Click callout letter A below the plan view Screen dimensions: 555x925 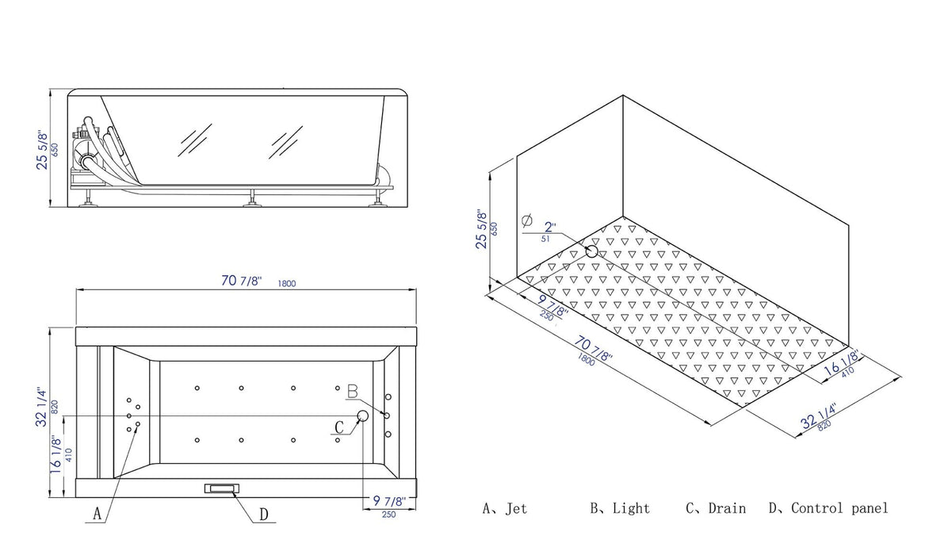click(x=97, y=514)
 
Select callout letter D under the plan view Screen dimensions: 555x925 click(x=264, y=515)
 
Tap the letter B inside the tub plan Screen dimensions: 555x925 click(x=353, y=391)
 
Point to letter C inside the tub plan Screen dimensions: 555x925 click(x=339, y=427)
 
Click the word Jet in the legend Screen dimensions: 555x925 click(x=516, y=508)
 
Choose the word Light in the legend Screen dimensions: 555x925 click(x=631, y=508)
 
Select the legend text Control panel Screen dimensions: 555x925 click(x=839, y=508)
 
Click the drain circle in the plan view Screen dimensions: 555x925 click(x=364, y=415)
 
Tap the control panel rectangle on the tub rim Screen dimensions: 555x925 click(x=221, y=490)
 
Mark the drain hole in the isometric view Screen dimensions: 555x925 click(x=592, y=251)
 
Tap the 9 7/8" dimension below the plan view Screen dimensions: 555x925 click(x=388, y=501)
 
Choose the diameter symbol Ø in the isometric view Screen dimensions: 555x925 click(x=528, y=221)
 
